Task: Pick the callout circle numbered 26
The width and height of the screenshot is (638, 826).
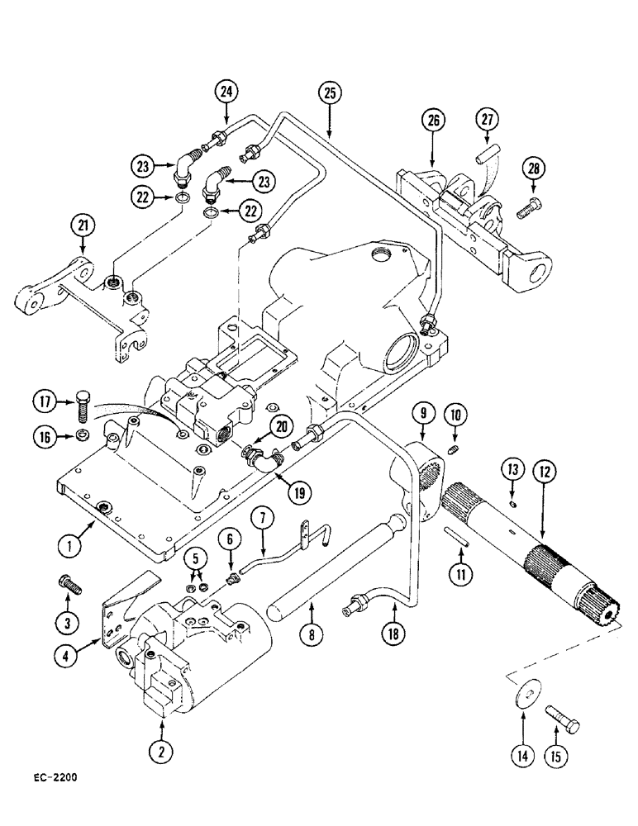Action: pyautogui.click(x=435, y=121)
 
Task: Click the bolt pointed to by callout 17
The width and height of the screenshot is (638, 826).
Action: pyautogui.click(x=80, y=407)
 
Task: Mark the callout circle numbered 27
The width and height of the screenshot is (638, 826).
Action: pyautogui.click(x=486, y=121)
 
